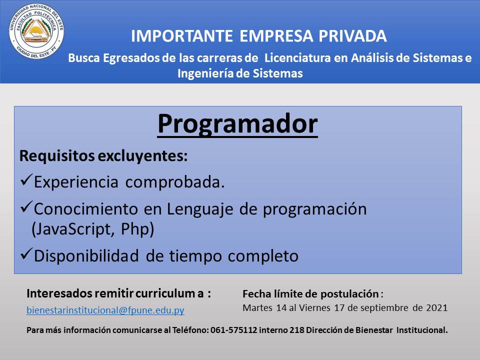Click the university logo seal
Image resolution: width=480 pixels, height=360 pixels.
click(36, 31)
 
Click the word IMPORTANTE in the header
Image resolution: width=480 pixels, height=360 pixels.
click(182, 36)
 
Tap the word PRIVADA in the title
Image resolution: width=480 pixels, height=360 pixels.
click(352, 36)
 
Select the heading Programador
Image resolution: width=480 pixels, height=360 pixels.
click(237, 124)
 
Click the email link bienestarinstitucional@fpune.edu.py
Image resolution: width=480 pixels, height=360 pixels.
click(105, 310)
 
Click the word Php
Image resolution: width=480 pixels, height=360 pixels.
click(134, 229)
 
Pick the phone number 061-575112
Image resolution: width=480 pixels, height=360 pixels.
click(234, 330)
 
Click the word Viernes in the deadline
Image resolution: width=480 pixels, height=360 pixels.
click(314, 307)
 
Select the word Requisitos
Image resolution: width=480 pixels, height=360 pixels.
click(57, 156)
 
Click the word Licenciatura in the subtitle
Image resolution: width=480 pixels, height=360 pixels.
click(297, 58)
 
